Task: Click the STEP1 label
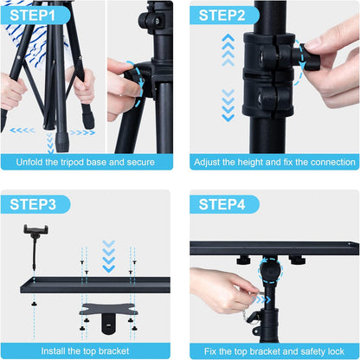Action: point(34,15)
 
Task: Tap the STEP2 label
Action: point(222,15)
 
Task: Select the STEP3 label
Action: point(34,204)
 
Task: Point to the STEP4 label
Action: point(222,204)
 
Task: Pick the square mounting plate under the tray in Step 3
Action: point(104,311)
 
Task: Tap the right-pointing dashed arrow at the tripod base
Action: point(81,132)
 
